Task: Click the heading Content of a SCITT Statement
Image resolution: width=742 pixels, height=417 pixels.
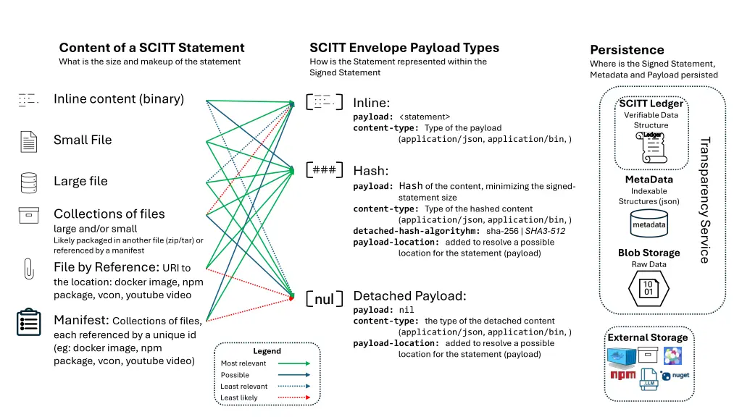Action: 151,48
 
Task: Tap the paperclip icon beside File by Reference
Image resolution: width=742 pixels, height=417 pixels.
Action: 28,269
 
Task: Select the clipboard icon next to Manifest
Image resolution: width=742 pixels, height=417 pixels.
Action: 28,322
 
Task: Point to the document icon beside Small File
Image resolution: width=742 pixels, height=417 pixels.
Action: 28,141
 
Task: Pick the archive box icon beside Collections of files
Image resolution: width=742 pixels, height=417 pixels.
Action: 28,216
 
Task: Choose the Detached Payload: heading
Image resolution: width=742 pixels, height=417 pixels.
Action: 409,296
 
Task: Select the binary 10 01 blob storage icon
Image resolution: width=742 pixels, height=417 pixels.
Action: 649,288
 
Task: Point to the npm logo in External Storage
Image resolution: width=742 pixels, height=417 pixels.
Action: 622,375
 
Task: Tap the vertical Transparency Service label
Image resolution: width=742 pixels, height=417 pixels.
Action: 704,200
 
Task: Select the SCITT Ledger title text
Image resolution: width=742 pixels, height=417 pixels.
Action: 651,104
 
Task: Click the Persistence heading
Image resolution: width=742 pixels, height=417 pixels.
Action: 627,50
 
